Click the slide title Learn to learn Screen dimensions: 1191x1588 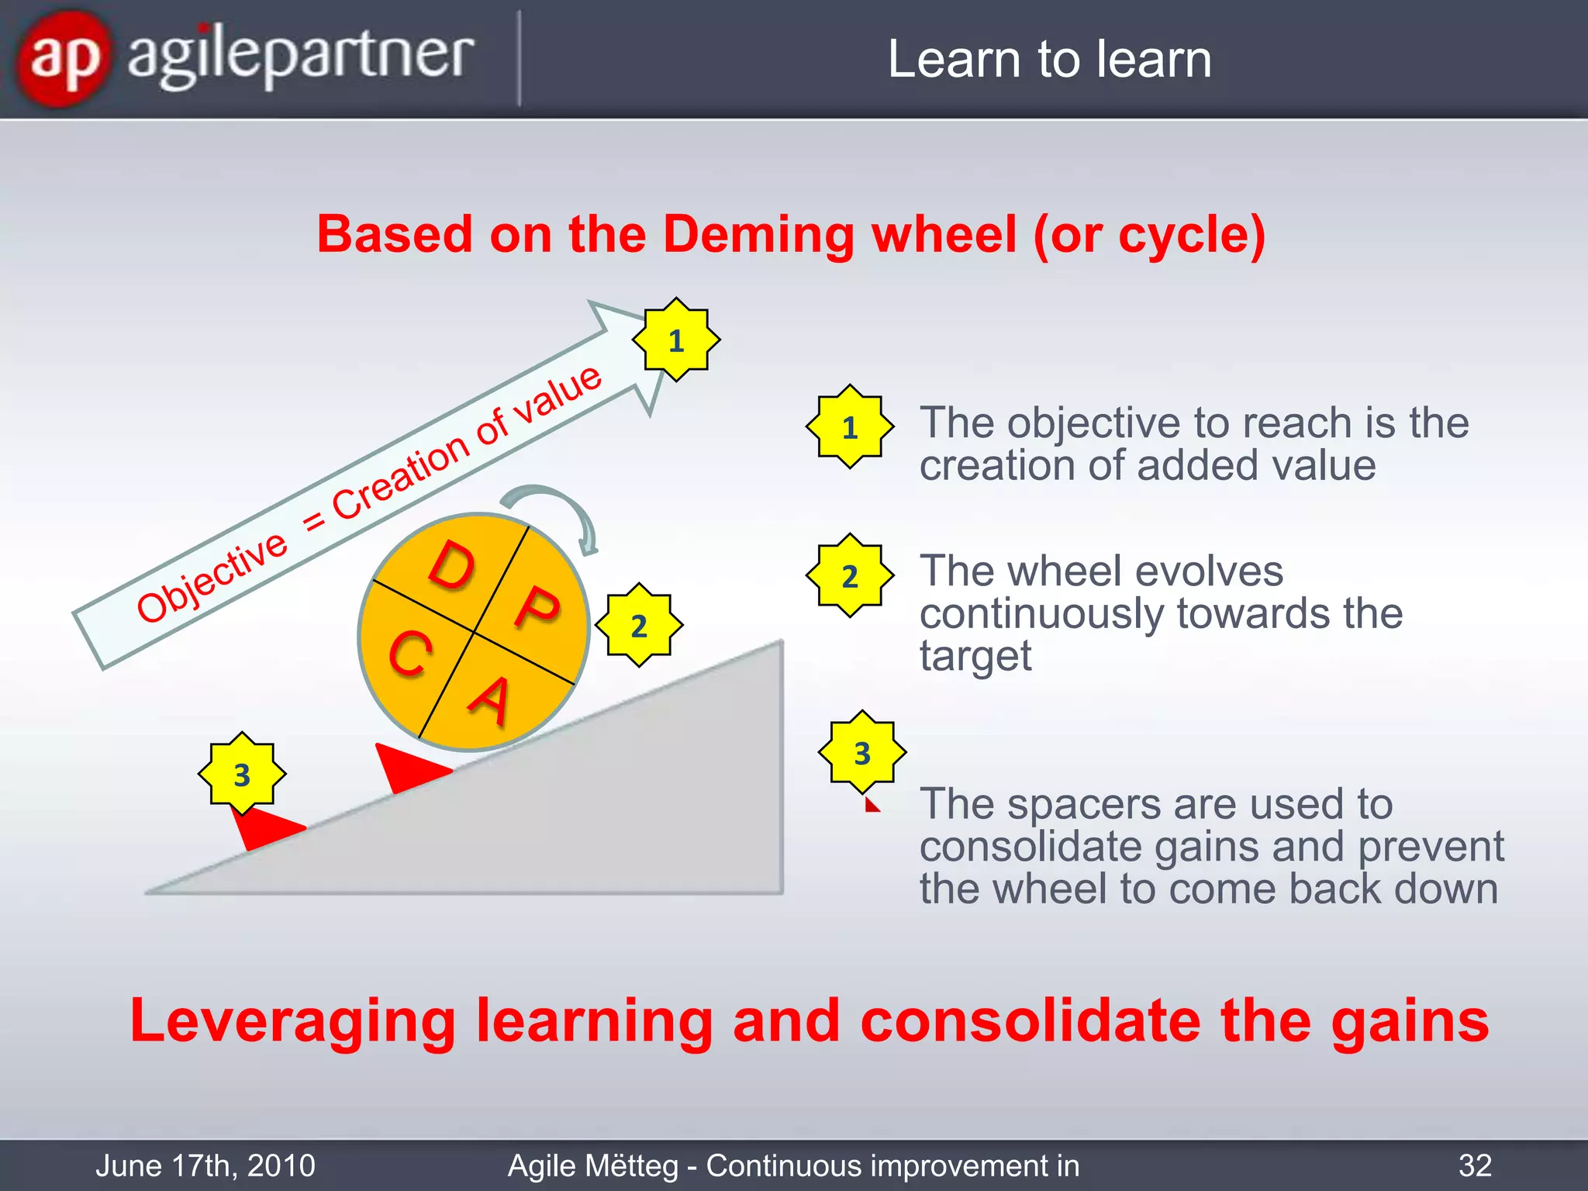click(x=1049, y=60)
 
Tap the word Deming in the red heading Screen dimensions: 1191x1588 click(x=758, y=234)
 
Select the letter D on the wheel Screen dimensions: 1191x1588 click(x=452, y=565)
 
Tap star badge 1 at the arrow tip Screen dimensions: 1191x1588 click(x=676, y=340)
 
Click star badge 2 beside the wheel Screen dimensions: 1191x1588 click(x=639, y=625)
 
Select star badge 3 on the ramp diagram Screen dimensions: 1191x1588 click(x=242, y=774)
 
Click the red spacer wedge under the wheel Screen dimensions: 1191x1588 click(x=408, y=768)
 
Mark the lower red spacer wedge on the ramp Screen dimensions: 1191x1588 click(x=264, y=828)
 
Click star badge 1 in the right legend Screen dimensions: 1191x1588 click(x=850, y=426)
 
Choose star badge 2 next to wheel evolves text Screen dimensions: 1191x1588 click(x=850, y=575)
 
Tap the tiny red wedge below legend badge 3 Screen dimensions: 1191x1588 click(x=872, y=806)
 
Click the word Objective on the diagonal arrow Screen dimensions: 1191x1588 click(x=212, y=578)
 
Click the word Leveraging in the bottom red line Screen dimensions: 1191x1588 click(x=293, y=1021)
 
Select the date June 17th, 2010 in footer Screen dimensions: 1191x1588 click(x=205, y=1165)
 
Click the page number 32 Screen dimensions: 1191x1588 click(x=1475, y=1165)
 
